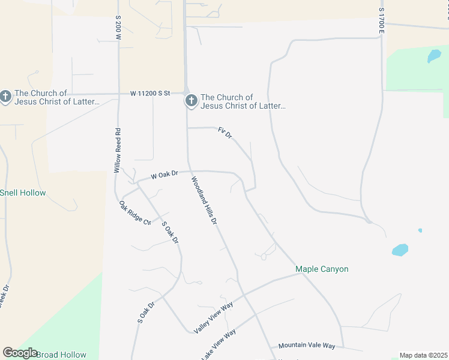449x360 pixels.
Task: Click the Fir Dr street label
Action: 225,133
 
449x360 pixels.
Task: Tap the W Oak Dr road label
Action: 165,175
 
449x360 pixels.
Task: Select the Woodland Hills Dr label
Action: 204,201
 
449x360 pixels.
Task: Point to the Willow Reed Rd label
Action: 118,151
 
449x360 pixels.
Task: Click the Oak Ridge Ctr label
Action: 134,214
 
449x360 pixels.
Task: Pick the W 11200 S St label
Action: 151,94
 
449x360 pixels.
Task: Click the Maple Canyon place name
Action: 322,269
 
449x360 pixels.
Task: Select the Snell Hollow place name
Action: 23,193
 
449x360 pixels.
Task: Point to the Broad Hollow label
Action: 61,355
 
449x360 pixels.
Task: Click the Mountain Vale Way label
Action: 307,346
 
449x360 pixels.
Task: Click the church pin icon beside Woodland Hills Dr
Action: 191,101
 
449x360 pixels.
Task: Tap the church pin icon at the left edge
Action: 5,97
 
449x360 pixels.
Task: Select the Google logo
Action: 20,353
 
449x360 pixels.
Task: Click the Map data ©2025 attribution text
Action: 423,355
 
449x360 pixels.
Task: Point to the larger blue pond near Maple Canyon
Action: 400,250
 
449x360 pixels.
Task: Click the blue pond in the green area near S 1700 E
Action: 433,56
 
